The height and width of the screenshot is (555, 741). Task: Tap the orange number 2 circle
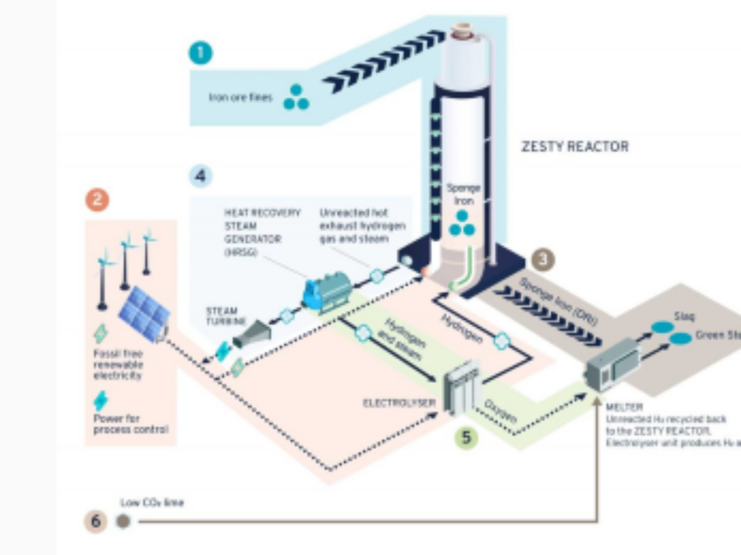tap(97, 200)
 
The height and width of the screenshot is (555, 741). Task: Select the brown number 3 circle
tap(543, 259)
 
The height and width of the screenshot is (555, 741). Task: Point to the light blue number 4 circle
tap(200, 177)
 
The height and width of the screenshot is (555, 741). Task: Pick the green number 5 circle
tap(467, 437)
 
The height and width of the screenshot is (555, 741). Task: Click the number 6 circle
tap(96, 521)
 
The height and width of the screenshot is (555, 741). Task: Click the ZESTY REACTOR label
tap(575, 147)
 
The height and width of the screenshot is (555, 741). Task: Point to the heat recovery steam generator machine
tap(327, 292)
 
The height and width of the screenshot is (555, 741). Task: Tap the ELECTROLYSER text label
tap(400, 403)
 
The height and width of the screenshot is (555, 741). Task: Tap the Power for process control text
tap(130, 424)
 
